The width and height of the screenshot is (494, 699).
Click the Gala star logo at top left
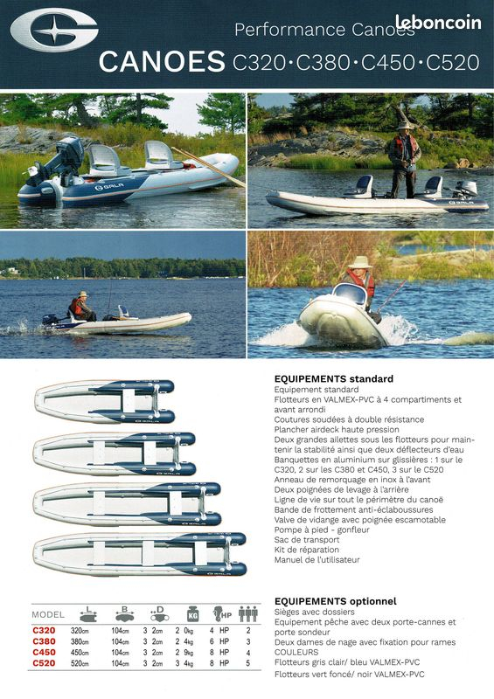(53, 32)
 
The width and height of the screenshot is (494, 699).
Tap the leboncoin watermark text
(438, 24)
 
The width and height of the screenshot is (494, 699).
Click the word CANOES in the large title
(162, 61)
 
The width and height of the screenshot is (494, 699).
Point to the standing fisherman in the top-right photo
(405, 158)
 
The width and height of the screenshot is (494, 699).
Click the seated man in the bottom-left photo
(80, 307)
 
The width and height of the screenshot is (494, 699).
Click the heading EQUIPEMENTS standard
(333, 379)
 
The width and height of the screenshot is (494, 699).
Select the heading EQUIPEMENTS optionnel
(335, 601)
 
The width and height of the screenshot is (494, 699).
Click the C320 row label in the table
(44, 630)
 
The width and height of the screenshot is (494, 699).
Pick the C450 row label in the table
(44, 652)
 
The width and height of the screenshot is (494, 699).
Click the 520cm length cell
(81, 663)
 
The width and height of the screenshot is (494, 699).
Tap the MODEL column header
(47, 614)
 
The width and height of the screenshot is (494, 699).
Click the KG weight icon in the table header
(192, 612)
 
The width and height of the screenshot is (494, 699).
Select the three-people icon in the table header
(248, 612)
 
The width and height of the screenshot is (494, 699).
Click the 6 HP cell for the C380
(218, 641)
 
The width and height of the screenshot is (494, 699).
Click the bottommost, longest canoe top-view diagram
(139, 553)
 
